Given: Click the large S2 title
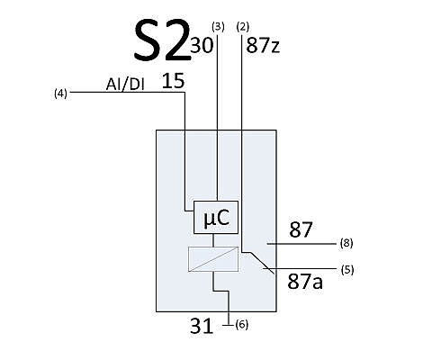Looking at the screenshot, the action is [162, 40].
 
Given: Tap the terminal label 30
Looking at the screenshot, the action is [202, 45].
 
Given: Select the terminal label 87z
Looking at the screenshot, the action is [263, 46].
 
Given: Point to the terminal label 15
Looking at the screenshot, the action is [173, 81].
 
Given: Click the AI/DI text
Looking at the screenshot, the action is [125, 85].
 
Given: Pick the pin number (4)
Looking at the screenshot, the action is [60, 94].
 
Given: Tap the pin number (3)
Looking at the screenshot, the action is [218, 27].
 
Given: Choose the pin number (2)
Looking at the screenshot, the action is [243, 27].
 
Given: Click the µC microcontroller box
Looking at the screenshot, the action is [216, 217].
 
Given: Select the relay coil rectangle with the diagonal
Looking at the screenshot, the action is [213, 259].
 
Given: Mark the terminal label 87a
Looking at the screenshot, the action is [305, 282].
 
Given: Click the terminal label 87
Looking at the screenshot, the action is [301, 229].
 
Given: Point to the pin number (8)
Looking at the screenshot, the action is [346, 243].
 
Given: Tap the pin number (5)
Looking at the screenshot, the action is [347, 270].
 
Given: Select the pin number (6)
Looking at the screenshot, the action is [242, 325].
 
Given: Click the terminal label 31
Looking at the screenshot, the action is [202, 326].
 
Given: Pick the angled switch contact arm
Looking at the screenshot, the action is [262, 263].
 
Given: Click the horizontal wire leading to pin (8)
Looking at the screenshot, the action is [301, 244].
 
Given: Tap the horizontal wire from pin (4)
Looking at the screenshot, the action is [127, 92].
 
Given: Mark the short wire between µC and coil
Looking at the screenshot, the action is [213, 240].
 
